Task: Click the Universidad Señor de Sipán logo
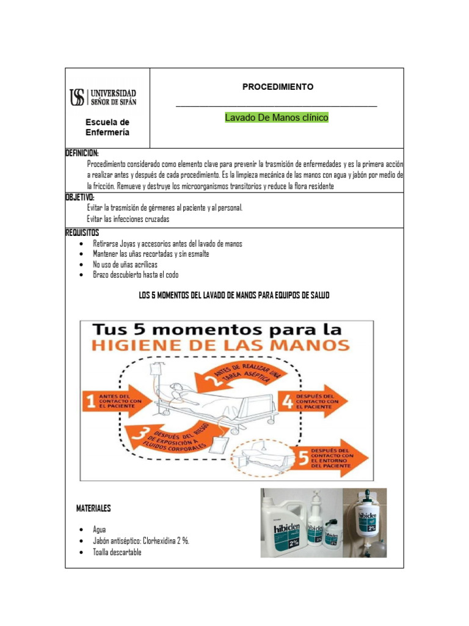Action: pos(103,97)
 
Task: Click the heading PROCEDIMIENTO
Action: pos(278,87)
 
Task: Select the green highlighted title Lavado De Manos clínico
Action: pos(277,117)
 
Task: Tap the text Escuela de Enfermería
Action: pos(107,127)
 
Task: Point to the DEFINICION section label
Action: pos(82,153)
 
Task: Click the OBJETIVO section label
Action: pos(79,197)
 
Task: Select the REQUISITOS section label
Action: pos(82,233)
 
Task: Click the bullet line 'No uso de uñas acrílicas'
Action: pos(125,264)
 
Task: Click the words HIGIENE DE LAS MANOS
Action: pos(220,345)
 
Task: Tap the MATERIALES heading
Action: pos(93,508)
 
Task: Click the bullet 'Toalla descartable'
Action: pos(117,552)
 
